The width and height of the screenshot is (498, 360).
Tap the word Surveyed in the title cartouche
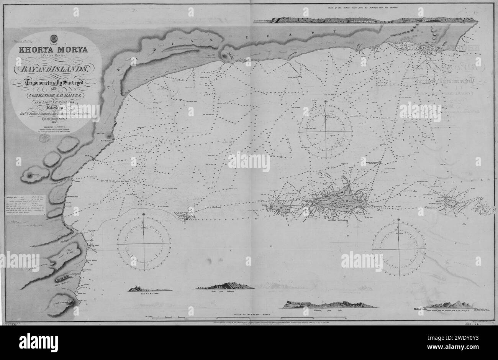(x=73, y=81)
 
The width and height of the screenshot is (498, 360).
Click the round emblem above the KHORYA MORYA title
(x=53, y=39)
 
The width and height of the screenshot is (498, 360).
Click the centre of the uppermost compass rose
(x=326, y=131)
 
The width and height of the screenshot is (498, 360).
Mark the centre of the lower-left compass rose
(x=144, y=243)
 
